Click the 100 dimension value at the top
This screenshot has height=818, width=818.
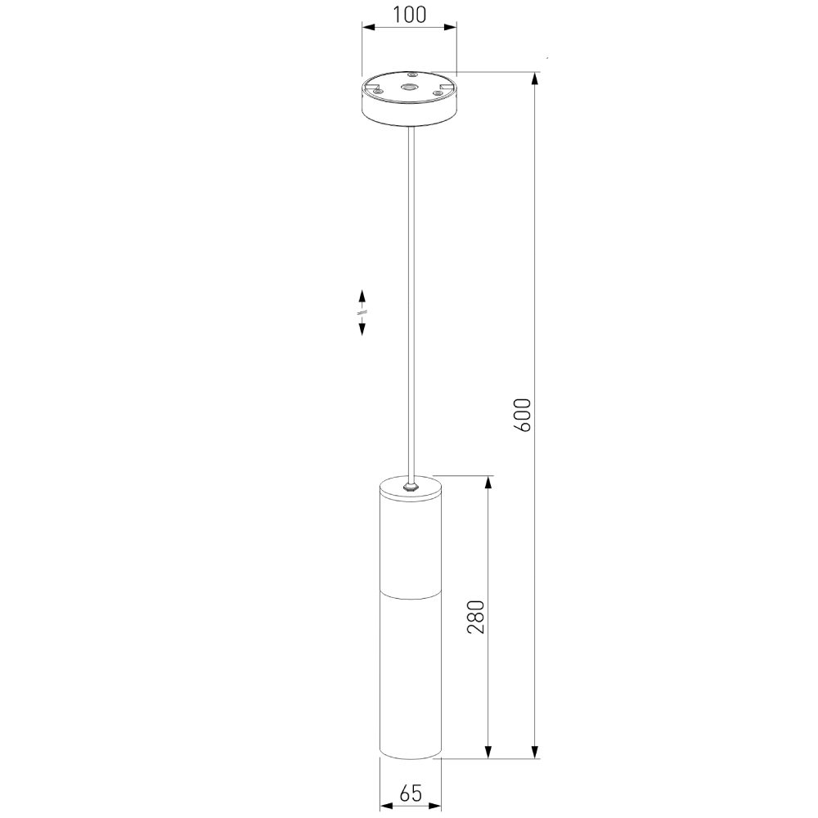point(409,15)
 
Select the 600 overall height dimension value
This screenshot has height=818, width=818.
point(522,415)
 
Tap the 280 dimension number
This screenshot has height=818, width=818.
point(476,617)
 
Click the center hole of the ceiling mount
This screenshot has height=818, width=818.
point(410,88)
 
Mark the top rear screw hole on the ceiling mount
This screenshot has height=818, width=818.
point(411,75)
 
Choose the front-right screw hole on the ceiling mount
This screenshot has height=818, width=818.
point(438,93)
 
